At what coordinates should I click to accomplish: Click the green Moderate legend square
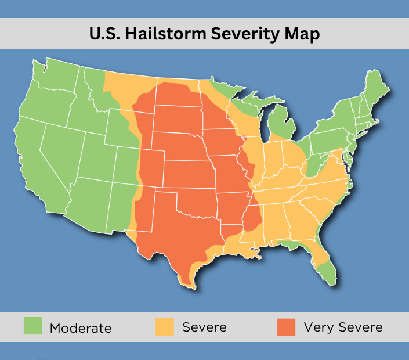click(33, 326)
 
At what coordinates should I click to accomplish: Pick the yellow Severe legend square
click(165, 326)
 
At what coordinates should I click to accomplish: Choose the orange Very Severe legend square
click(286, 326)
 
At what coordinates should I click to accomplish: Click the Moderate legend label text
click(80, 327)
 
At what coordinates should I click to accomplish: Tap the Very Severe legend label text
click(343, 327)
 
